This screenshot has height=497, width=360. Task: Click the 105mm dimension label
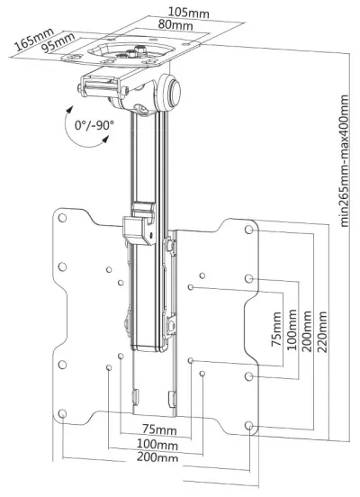click(189, 13)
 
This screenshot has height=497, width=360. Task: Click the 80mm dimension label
click(175, 24)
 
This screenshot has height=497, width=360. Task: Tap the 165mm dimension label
click(34, 39)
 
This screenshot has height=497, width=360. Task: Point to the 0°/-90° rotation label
click(94, 125)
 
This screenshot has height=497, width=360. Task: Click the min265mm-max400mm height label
click(344, 160)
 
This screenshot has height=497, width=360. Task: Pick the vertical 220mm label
click(321, 332)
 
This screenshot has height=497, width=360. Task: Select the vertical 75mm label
click(276, 329)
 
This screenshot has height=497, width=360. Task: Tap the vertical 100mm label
click(292, 330)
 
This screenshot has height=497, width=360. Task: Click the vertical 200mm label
click(307, 331)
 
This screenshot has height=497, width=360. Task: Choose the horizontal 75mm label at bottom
click(159, 429)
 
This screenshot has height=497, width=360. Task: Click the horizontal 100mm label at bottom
click(157, 444)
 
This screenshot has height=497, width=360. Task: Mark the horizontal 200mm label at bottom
click(157, 457)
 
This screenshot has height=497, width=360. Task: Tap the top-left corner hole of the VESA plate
click(62, 218)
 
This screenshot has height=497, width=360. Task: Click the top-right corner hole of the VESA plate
click(249, 230)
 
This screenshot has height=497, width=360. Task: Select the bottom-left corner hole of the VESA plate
click(62, 413)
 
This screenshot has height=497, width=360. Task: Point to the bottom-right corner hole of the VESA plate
click(249, 425)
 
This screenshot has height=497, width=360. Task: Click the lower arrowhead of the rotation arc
click(105, 140)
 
